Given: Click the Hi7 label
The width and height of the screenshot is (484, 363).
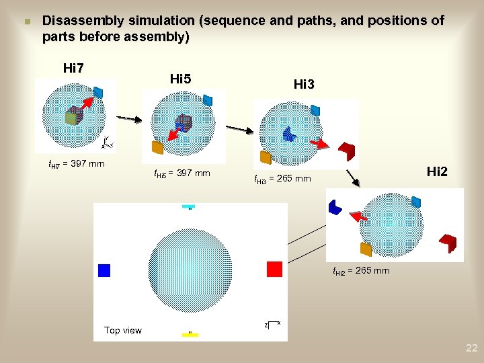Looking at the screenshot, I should click(73, 68).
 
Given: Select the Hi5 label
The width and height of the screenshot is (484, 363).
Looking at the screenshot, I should click(181, 79).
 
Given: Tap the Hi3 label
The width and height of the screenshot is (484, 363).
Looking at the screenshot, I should click(304, 84).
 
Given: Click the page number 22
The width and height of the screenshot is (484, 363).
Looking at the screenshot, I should click(471, 348).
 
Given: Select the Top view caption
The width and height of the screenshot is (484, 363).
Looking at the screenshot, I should click(123, 330).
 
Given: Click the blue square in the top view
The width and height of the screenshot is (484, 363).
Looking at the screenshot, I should click(104, 270).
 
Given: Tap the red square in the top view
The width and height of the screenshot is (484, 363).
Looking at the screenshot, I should click(274, 269).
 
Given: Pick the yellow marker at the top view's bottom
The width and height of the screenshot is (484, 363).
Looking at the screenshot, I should click(190, 333).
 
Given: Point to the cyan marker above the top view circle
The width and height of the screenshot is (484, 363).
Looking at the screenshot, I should click(189, 206).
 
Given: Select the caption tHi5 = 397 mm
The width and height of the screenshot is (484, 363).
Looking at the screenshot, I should click(182, 174).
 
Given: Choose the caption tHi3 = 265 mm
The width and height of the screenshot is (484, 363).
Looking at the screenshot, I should click(282, 179).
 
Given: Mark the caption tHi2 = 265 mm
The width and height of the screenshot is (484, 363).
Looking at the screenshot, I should click(361, 271).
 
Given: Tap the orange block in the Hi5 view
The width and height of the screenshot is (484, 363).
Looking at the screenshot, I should click(158, 147).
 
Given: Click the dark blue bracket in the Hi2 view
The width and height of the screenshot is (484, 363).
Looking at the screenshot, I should click(335, 208).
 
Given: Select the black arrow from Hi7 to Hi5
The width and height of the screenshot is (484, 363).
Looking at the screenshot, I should click(130, 119).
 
